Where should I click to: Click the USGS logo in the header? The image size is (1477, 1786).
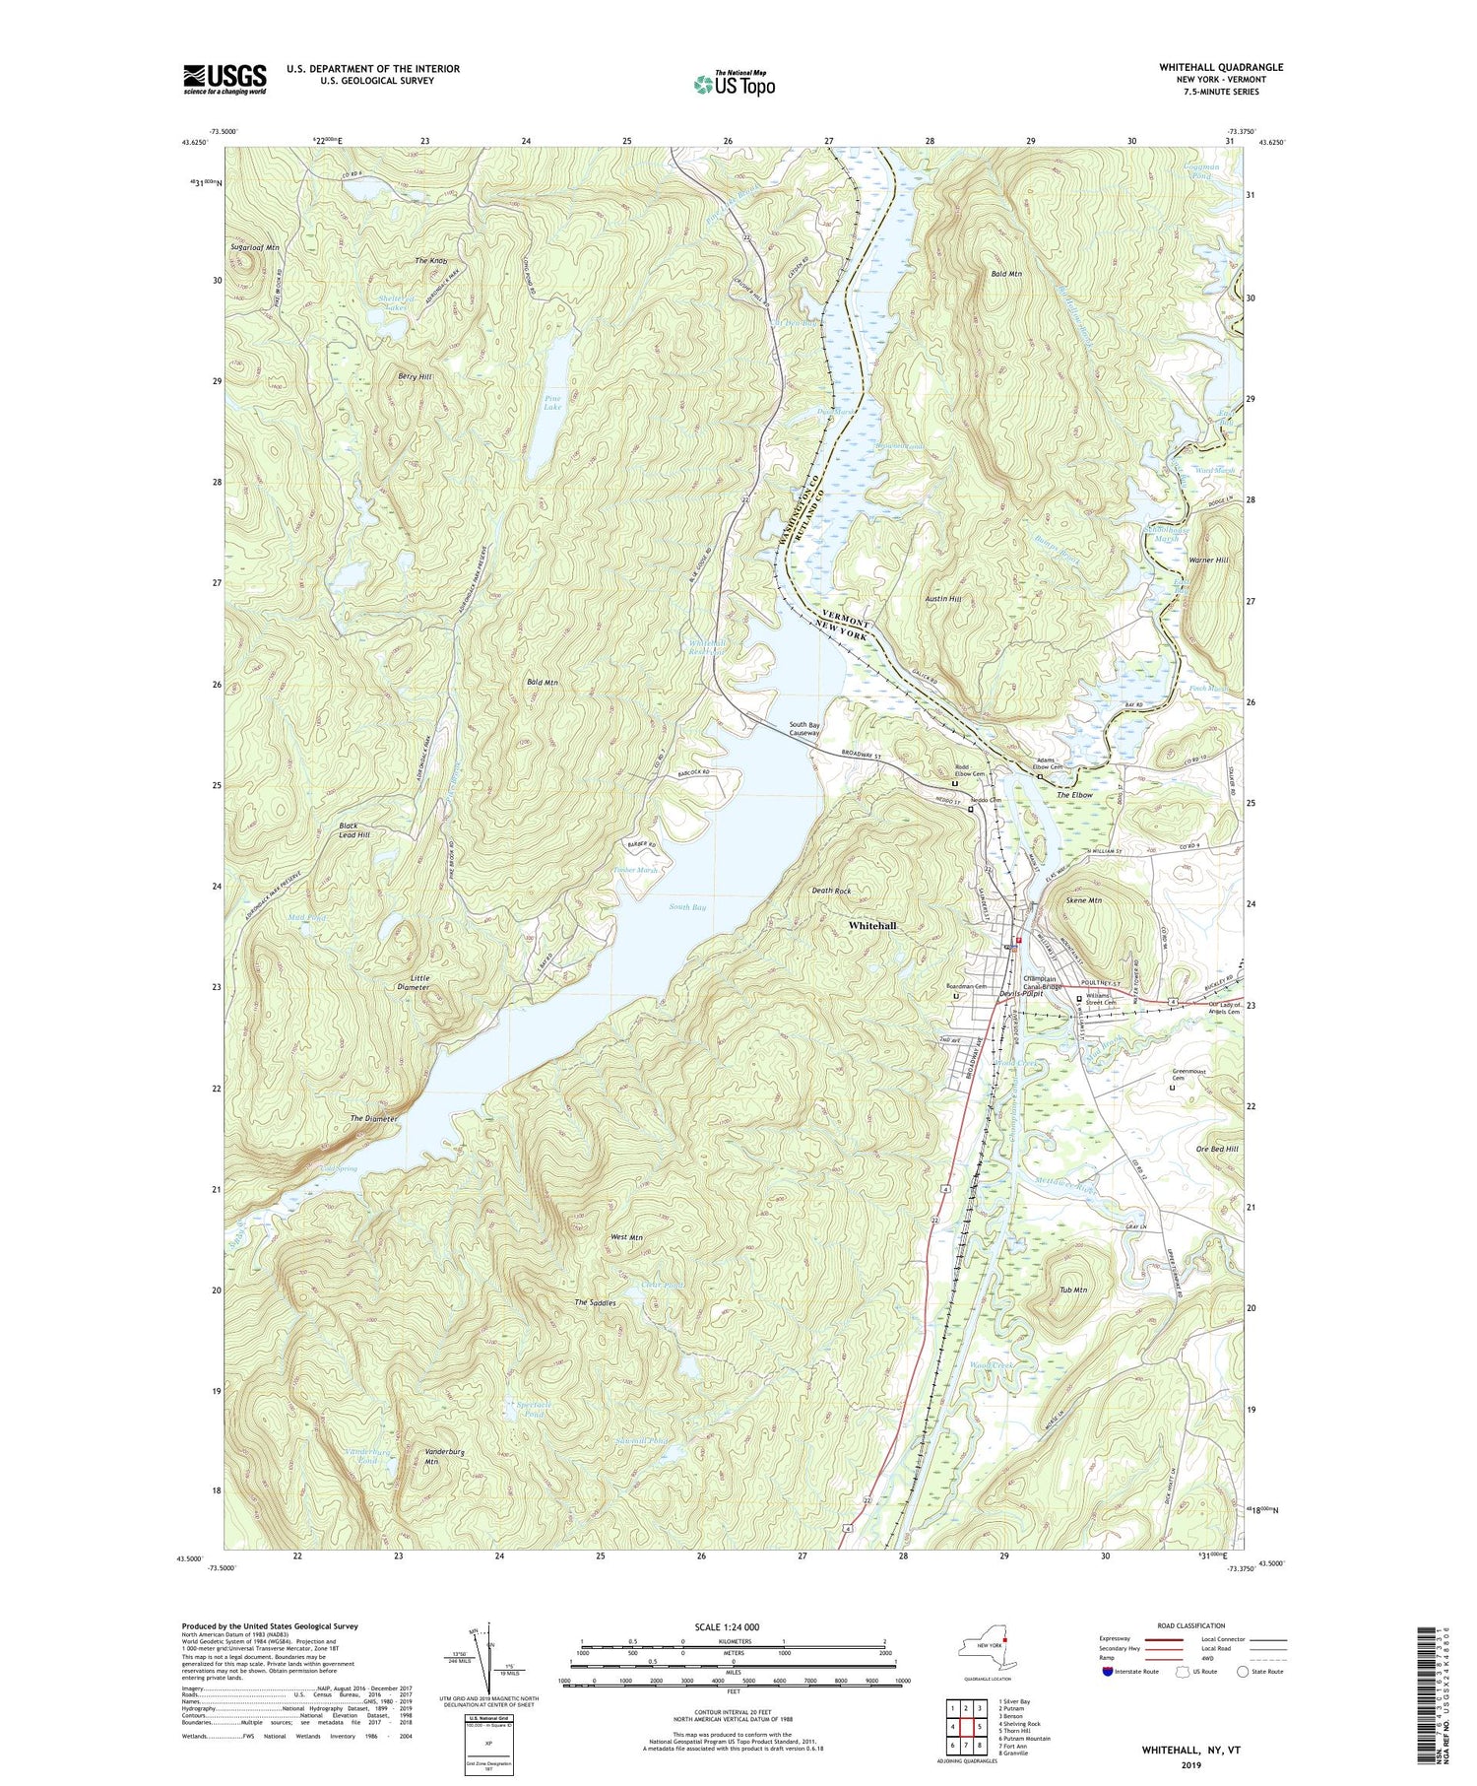tap(225, 79)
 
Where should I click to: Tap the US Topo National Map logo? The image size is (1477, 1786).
tap(734, 84)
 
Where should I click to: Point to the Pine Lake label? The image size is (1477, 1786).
tap(552, 403)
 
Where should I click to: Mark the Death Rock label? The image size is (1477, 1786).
tap(831, 891)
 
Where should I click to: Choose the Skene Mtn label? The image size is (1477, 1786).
tap(1083, 900)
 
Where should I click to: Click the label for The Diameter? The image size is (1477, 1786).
tap(374, 1119)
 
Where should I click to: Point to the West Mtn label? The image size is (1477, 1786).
tap(626, 1237)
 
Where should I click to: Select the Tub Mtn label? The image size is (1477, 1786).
tap(1073, 1290)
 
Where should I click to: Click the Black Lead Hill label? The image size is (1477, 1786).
tap(354, 829)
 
